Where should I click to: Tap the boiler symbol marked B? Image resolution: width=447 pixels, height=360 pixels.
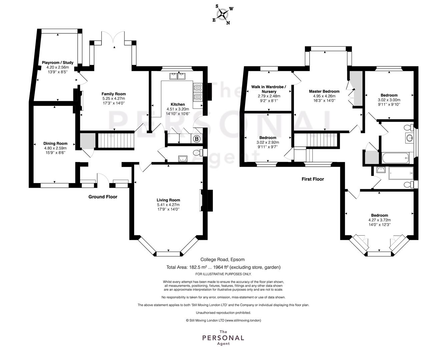(197, 139)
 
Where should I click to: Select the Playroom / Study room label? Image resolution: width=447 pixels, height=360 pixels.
(57, 62)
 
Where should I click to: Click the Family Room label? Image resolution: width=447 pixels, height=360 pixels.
(114, 94)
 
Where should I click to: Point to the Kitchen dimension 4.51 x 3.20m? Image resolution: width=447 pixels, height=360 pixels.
(178, 109)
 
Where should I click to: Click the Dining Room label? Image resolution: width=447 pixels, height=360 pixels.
(55, 143)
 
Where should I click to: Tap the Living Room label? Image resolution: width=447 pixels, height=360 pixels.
(168, 200)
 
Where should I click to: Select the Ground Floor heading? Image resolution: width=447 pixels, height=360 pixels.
(103, 197)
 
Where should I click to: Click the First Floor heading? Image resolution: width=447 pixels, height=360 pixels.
(313, 179)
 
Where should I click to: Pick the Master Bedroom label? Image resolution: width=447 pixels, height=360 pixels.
(324, 91)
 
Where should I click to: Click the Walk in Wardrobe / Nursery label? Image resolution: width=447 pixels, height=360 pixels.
(269, 89)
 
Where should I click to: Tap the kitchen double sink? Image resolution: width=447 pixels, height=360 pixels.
(177, 76)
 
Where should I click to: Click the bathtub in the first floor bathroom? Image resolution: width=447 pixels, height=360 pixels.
(395, 158)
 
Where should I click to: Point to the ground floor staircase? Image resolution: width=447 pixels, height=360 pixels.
(115, 141)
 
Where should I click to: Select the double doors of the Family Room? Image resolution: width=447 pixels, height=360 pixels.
(113, 38)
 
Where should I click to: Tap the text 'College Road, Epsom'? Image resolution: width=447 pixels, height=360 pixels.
(222, 259)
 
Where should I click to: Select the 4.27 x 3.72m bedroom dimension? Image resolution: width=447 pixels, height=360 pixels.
(380, 220)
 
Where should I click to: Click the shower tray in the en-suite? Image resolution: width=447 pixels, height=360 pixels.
(401, 173)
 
